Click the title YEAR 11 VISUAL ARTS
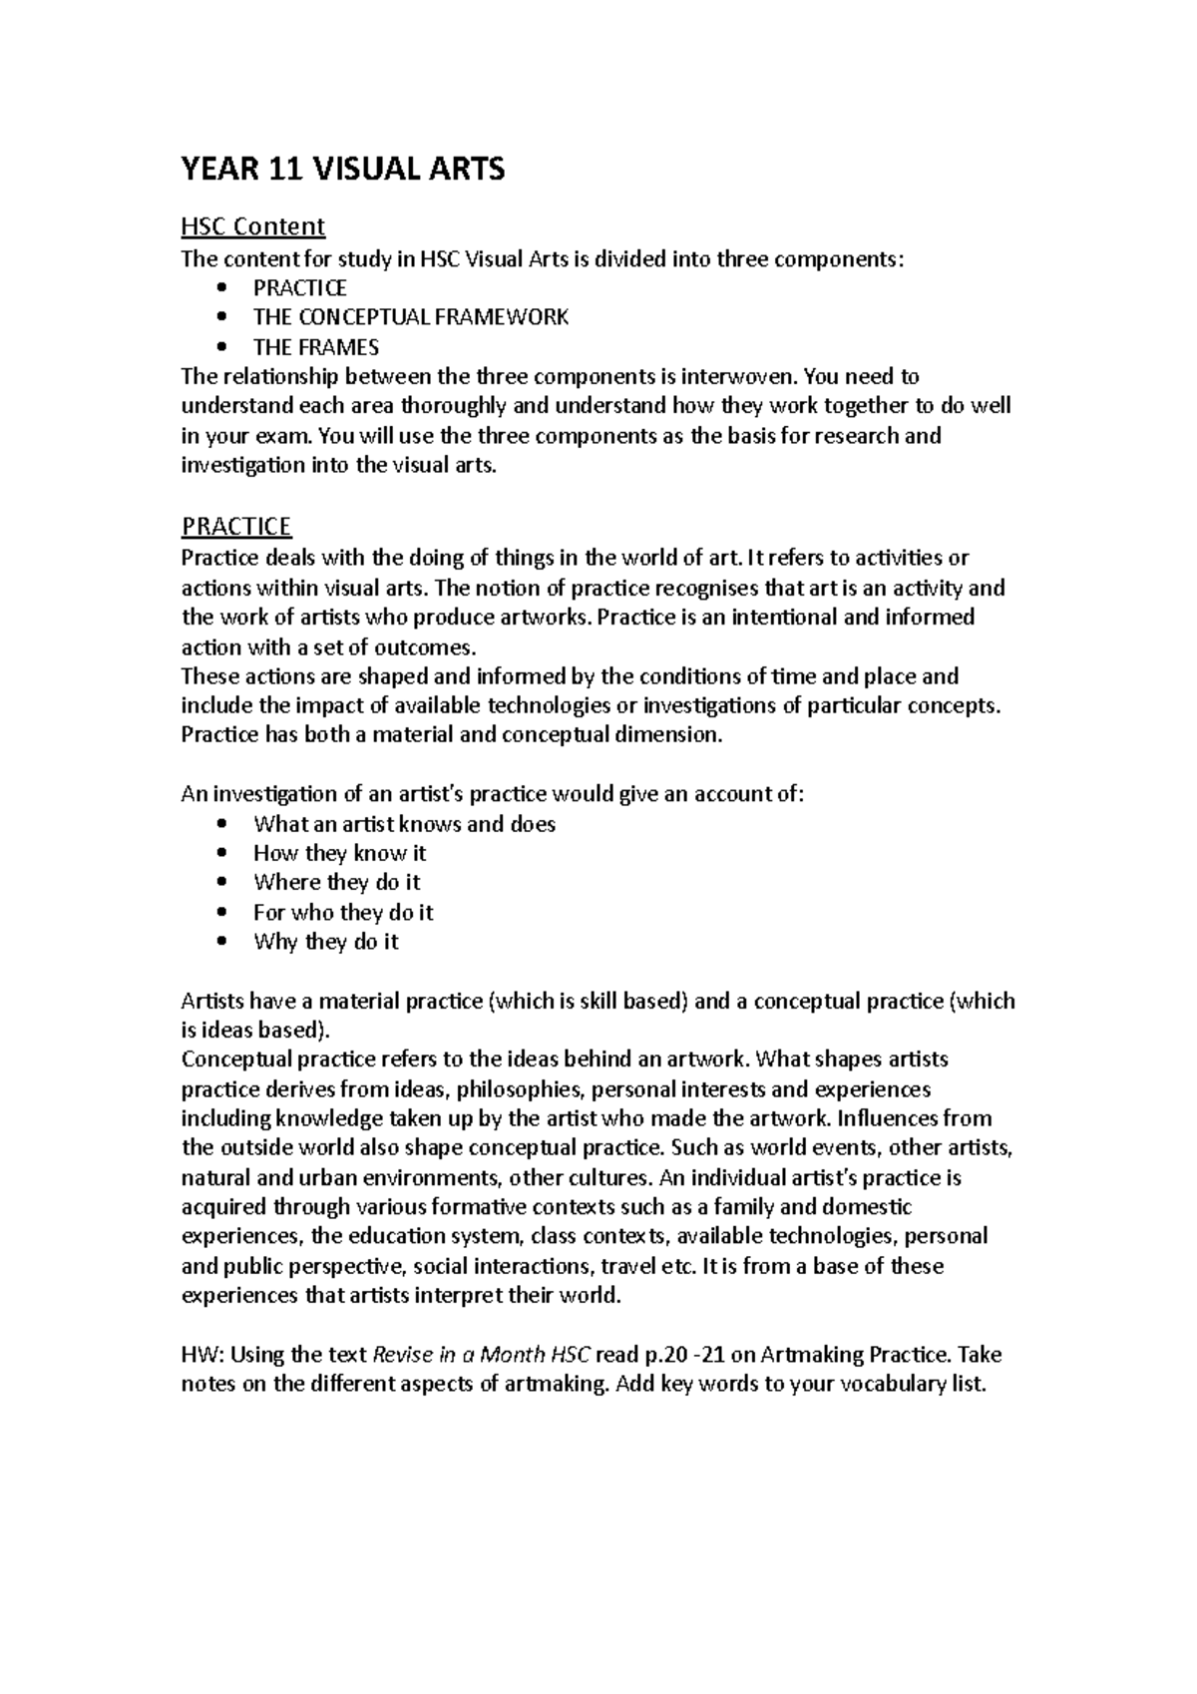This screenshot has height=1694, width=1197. tap(342, 170)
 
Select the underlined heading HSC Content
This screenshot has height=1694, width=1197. tap(252, 226)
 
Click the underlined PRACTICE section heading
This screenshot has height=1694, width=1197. tap(235, 526)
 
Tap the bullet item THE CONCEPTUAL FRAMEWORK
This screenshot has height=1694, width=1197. tap(410, 317)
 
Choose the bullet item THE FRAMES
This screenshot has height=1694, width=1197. tap(315, 347)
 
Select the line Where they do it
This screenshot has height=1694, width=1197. tap(336, 883)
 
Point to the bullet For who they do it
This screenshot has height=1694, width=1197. tap(342, 913)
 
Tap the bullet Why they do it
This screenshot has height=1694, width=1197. tap(325, 942)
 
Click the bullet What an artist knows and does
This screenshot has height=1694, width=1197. tap(404, 824)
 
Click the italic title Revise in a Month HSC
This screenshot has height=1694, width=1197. tap(481, 1355)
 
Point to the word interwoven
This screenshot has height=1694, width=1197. tap(739, 377)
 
